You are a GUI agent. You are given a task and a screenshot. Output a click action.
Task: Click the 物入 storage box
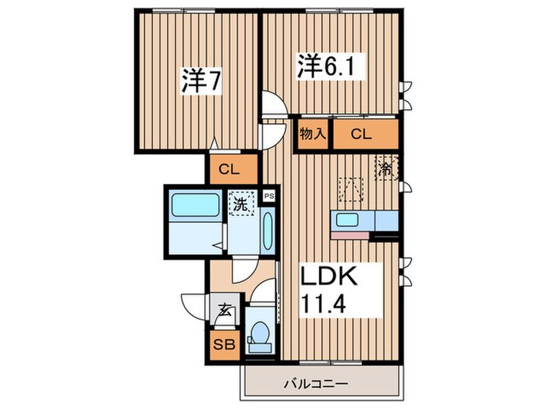pos(313,133)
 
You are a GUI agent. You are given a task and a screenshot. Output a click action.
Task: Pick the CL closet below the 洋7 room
pos(231,168)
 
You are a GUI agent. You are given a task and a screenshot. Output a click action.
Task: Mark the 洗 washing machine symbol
pos(241,206)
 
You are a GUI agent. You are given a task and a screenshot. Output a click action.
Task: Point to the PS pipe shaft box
pos(269,196)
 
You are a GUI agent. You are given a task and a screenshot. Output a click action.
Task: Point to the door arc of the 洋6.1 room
pos(273,105)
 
